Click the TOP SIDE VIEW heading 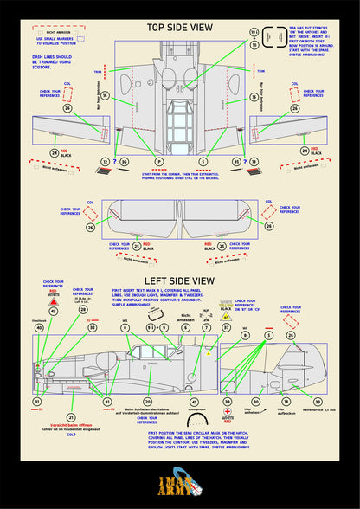[x=179, y=28]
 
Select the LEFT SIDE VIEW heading [x=179, y=280]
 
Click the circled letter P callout [x=158, y=162]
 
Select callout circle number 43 [x=53, y=310]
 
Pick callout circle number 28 [x=83, y=308]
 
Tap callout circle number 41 [x=194, y=402]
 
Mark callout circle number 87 [x=226, y=329]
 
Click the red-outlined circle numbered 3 [x=269, y=334]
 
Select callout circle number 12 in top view [x=106, y=162]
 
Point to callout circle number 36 [x=124, y=162]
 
